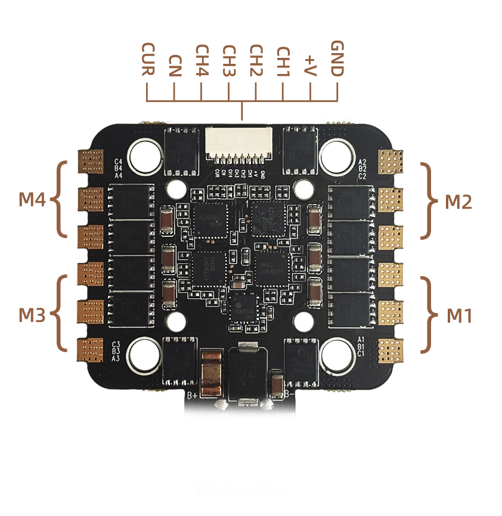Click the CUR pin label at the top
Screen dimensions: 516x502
[147, 59]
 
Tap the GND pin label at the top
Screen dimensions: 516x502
[337, 58]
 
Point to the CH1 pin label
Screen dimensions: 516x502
[283, 61]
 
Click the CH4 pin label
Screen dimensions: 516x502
[202, 61]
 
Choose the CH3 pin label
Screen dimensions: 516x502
[229, 61]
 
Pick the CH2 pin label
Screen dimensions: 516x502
[256, 61]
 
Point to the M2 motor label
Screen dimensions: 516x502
[458, 202]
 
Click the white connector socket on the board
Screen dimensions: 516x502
[238, 145]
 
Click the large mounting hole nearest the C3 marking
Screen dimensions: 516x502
[143, 353]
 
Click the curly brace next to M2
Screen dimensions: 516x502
[428, 201]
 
